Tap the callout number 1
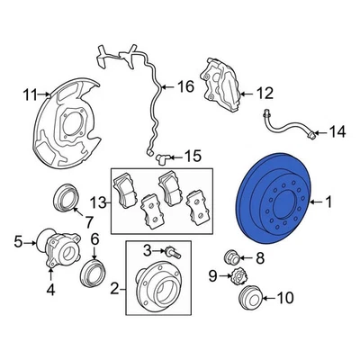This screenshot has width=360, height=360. (329, 203)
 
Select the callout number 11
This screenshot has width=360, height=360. (29, 93)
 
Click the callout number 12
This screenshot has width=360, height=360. (264, 92)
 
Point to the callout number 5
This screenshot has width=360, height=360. (17, 241)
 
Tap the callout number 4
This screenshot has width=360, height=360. (50, 289)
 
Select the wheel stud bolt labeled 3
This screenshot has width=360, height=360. (169, 250)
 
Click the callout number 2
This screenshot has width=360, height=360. (114, 288)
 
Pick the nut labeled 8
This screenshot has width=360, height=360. (229, 257)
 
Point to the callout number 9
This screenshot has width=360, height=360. (213, 275)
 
